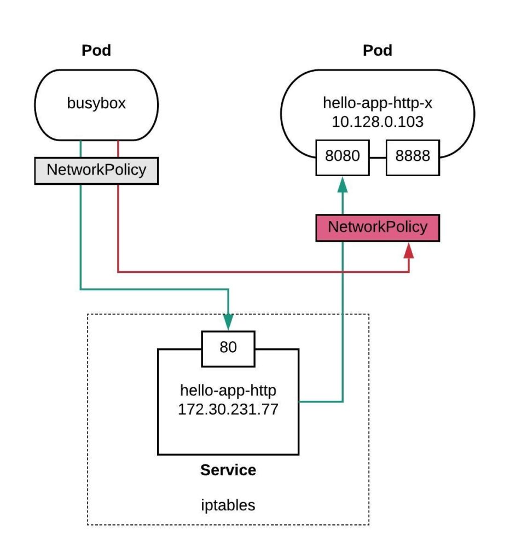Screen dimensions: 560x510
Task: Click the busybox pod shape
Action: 96,104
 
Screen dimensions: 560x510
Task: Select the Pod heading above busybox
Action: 96,51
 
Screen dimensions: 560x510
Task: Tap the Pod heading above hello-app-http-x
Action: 378,51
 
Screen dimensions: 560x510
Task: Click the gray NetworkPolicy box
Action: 96,170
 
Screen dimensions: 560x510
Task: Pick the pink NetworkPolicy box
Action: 378,227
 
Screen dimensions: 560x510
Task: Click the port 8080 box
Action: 343,156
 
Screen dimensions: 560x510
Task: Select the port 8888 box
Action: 413,156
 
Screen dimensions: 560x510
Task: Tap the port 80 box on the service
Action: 228,348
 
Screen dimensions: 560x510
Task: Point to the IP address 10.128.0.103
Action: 378,122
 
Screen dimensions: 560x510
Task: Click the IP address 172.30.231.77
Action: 228,409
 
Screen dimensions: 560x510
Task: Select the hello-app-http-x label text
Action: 378,103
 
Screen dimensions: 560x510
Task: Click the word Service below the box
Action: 228,470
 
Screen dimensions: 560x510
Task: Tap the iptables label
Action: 228,505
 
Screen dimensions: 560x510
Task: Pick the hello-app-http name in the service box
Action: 228,390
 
